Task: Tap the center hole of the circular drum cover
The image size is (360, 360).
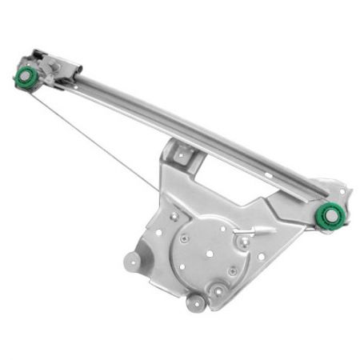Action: click(209, 253)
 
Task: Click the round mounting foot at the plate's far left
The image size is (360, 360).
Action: click(132, 261)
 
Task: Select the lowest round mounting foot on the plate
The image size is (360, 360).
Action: click(196, 302)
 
